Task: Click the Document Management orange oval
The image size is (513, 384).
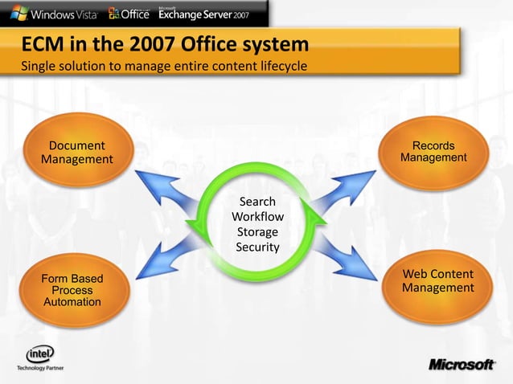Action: (x=76, y=153)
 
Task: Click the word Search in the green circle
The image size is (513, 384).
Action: (x=257, y=202)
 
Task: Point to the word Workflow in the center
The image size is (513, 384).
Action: (x=257, y=217)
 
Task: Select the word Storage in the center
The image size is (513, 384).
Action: (x=257, y=232)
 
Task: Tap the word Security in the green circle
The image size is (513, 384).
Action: (x=257, y=247)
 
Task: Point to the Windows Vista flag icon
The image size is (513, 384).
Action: (x=18, y=13)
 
